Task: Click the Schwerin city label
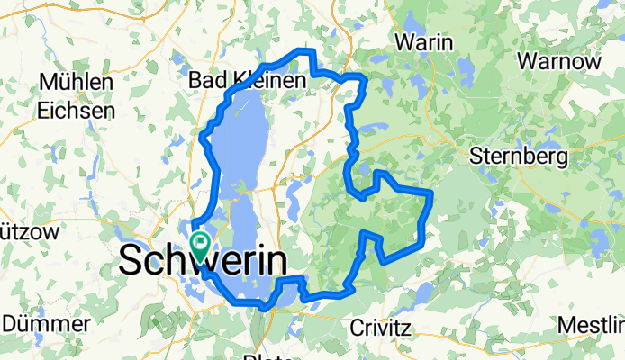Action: click(x=204, y=262)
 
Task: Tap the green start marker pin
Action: click(x=199, y=243)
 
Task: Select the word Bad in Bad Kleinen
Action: click(x=205, y=81)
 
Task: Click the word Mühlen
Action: click(x=76, y=82)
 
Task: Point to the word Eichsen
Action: click(x=77, y=111)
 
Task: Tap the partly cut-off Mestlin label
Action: click(x=591, y=324)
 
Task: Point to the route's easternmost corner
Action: click(x=432, y=192)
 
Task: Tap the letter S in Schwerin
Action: click(x=131, y=262)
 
